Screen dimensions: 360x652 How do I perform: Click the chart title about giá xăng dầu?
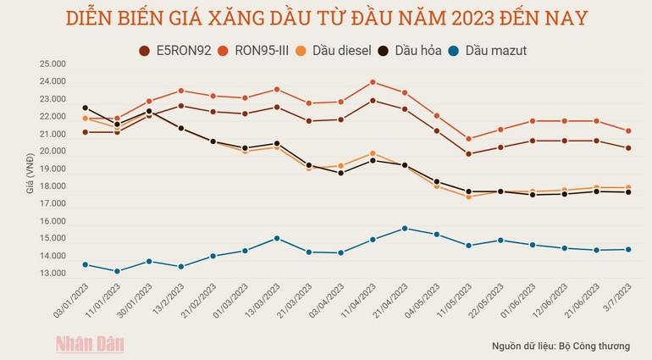(326, 18)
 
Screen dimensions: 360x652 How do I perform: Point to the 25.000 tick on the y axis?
(52, 64)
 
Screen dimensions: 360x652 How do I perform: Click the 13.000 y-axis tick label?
(52, 274)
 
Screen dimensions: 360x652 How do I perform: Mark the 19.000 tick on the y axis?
(52, 169)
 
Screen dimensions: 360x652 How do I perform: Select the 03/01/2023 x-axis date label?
(73, 302)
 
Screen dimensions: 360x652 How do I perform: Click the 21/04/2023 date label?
(392, 302)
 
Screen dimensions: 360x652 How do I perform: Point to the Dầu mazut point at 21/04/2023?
(405, 229)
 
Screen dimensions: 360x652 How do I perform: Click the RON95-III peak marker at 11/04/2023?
(373, 82)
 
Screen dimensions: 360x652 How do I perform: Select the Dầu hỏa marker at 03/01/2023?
(85, 108)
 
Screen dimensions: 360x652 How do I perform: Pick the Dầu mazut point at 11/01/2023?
(117, 271)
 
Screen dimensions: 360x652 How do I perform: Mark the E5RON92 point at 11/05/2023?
(469, 154)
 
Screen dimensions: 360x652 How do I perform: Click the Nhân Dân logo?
(90, 343)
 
